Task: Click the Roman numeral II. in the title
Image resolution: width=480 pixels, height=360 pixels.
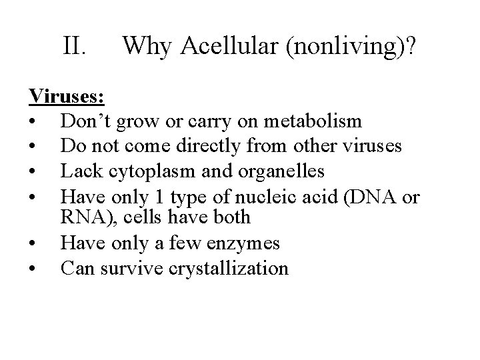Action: (75, 46)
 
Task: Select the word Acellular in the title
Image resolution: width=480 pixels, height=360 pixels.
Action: (218, 46)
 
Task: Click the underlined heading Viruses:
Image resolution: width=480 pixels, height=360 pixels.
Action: (67, 97)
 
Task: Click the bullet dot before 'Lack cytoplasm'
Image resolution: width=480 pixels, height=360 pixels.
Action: (33, 171)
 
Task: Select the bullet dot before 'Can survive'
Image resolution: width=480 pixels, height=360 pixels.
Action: (33, 269)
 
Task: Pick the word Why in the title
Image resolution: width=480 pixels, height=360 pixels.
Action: (145, 46)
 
